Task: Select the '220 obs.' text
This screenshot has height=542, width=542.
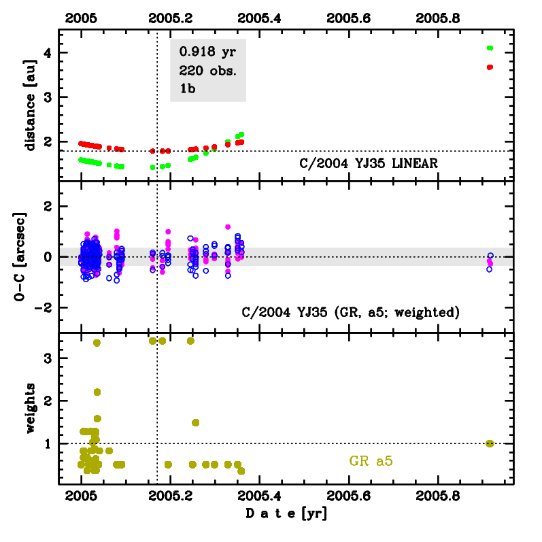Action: click(x=207, y=70)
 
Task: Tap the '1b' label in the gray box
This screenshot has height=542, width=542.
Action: click(x=187, y=88)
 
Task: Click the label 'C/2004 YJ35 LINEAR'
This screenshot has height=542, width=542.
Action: click(x=368, y=163)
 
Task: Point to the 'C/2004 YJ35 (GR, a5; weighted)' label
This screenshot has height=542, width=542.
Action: click(x=352, y=312)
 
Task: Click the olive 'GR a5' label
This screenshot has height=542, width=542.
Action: click(x=371, y=461)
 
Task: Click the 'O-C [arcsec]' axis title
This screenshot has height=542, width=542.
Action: click(x=31, y=256)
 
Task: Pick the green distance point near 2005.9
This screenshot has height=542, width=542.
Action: click(x=490, y=48)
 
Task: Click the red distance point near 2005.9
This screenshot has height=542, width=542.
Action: click(x=490, y=67)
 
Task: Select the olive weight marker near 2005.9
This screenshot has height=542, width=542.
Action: click(x=490, y=443)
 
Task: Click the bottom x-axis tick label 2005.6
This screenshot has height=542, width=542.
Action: click(x=349, y=495)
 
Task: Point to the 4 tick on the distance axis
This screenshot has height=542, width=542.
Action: click(x=45, y=53)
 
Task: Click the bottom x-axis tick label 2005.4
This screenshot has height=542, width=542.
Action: click(x=260, y=495)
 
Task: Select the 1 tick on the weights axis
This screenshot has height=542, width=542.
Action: click(x=45, y=443)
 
